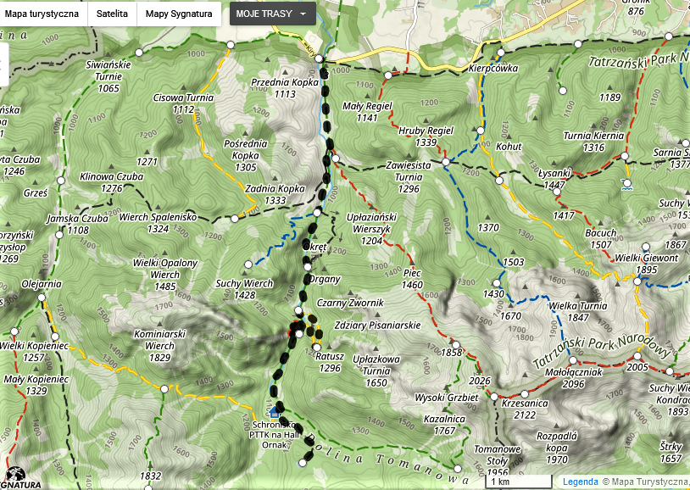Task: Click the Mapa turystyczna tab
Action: tap(42, 14)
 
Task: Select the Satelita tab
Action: tap(112, 14)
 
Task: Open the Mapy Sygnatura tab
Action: tap(179, 14)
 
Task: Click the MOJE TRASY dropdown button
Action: tap(272, 14)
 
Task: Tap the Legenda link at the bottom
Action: tap(581, 482)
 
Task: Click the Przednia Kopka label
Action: tap(285, 83)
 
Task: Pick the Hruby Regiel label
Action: tap(426, 131)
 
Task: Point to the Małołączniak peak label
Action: tap(574, 371)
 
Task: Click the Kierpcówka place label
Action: tap(492, 70)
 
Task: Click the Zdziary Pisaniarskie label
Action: tap(377, 326)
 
